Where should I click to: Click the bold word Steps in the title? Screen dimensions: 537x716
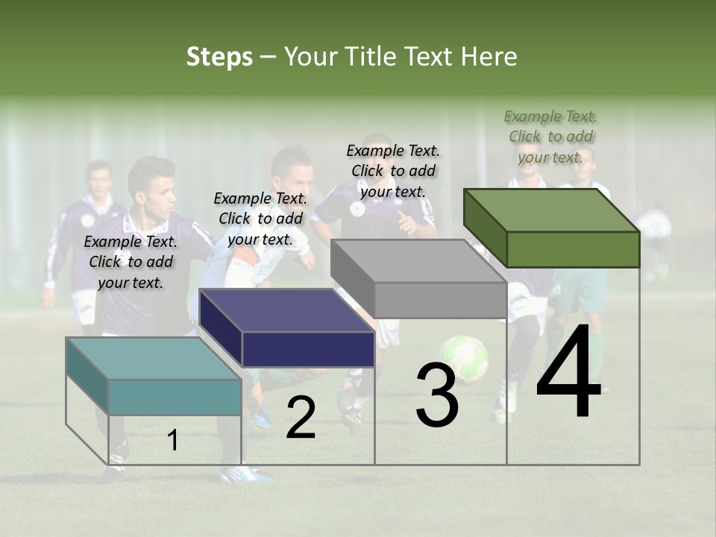pyautogui.click(x=219, y=57)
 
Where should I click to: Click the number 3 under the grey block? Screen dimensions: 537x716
pyautogui.click(x=437, y=395)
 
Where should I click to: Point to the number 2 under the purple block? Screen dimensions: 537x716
pyautogui.click(x=301, y=418)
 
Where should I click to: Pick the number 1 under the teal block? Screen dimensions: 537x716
pyautogui.click(x=172, y=440)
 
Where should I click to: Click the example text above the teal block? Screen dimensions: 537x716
pyautogui.click(x=131, y=262)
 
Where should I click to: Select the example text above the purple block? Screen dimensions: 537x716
pyautogui.click(x=260, y=219)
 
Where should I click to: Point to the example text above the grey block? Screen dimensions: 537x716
pyautogui.click(x=393, y=171)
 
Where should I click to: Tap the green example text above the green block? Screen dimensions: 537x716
pyautogui.click(x=550, y=136)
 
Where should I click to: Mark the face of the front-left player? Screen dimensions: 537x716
pyautogui.click(x=158, y=192)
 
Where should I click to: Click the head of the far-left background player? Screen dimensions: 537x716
pyautogui.click(x=98, y=178)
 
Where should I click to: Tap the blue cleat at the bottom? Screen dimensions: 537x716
pyautogui.click(x=247, y=473)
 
